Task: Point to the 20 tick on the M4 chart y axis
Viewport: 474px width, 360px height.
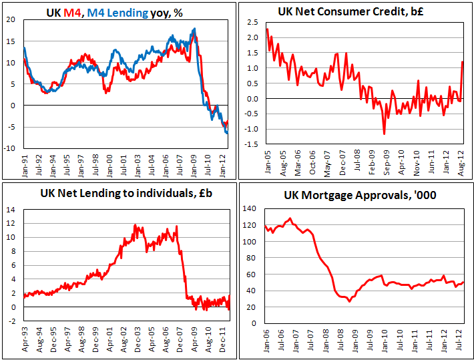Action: [10, 19]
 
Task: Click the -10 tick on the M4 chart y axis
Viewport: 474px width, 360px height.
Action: [9, 148]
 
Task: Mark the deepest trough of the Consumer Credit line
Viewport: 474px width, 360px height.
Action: [384, 134]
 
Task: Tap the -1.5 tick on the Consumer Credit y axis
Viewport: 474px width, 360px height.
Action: [250, 144]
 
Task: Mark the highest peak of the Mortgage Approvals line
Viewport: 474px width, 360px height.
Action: [290, 218]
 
